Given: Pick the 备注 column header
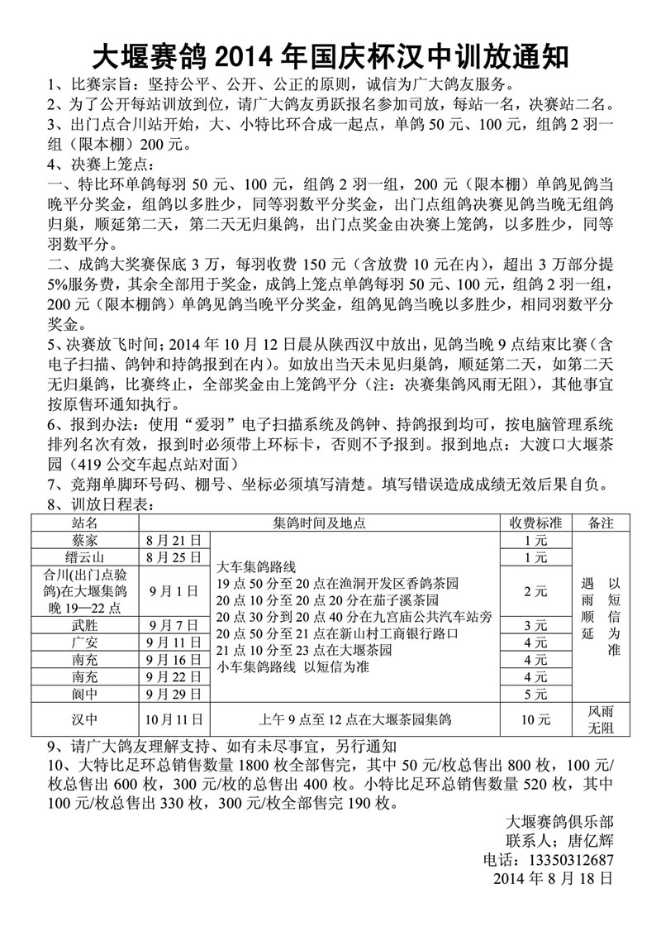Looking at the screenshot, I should tap(601, 523).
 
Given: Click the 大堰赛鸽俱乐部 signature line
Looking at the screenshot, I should tap(559, 822).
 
